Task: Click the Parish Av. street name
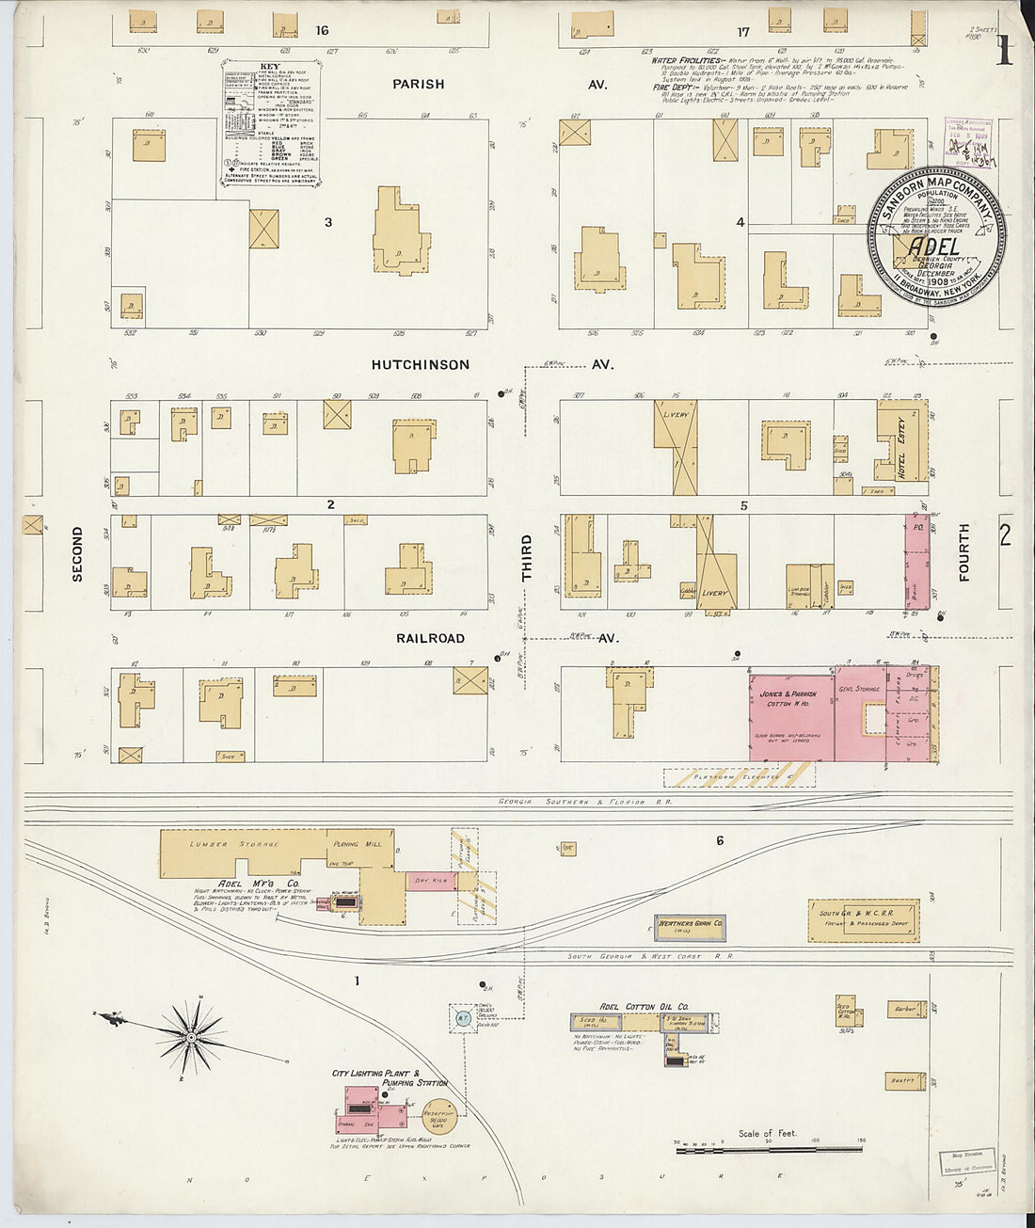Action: (x=419, y=85)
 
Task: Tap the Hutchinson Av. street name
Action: (x=420, y=365)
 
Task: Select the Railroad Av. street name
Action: (x=430, y=638)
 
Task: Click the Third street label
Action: (x=527, y=557)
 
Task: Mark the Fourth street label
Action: (x=963, y=552)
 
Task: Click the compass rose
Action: (x=192, y=1036)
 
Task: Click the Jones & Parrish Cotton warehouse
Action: (x=790, y=715)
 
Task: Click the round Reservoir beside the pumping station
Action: (x=438, y=1116)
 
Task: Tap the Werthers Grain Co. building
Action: (x=691, y=926)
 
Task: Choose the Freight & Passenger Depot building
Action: (x=863, y=919)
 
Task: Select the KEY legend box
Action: (x=271, y=122)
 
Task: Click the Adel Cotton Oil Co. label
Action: (x=644, y=1006)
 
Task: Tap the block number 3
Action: (x=328, y=223)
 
